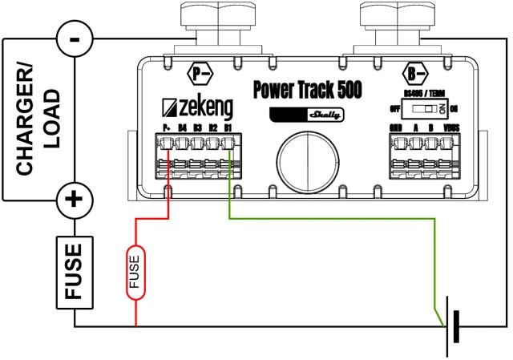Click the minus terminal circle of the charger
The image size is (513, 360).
click(75, 37)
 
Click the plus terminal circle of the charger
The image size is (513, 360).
click(74, 198)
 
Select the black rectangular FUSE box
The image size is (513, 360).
click(74, 272)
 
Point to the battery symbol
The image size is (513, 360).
click(453, 327)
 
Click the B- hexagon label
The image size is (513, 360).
click(414, 75)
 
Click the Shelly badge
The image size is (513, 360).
click(305, 114)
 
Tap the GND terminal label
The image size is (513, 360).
click(395, 128)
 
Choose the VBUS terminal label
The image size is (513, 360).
click(451, 128)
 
